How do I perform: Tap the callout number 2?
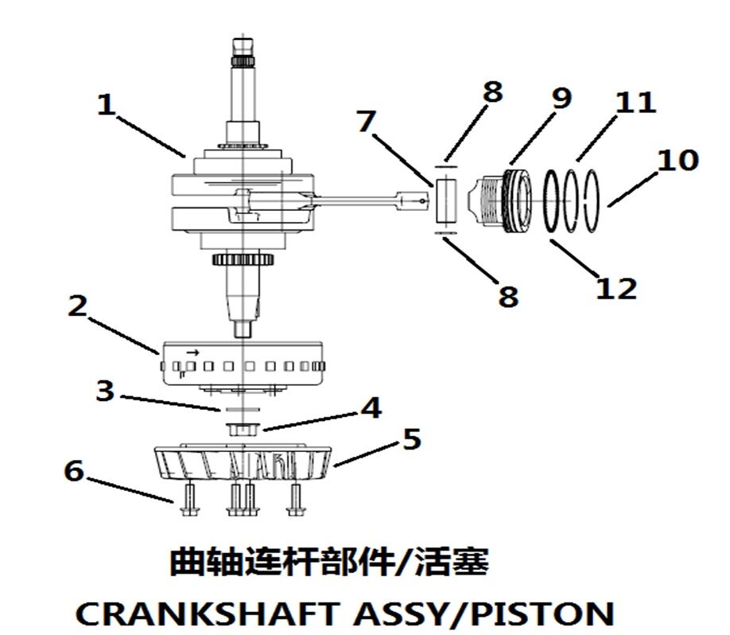[x=76, y=306]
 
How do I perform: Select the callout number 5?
[x=411, y=438]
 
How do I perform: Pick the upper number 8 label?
[x=492, y=92]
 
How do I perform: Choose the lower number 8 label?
[x=507, y=295]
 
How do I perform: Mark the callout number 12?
[x=616, y=287]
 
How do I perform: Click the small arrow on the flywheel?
[x=192, y=350]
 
